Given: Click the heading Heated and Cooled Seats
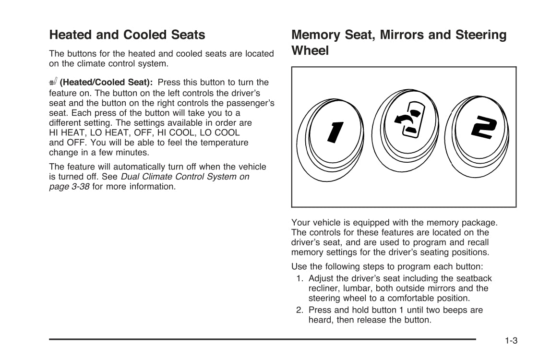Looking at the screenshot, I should pyautogui.click(x=127, y=35).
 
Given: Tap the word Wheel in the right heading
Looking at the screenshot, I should pyautogui.click(x=310, y=51).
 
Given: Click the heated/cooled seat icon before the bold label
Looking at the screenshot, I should pyautogui.click(x=53, y=82).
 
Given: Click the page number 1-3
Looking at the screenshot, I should pyautogui.click(x=511, y=341).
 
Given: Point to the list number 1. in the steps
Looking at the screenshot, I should pyautogui.click(x=300, y=278).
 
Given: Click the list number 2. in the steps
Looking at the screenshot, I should pyautogui.click(x=300, y=310).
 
